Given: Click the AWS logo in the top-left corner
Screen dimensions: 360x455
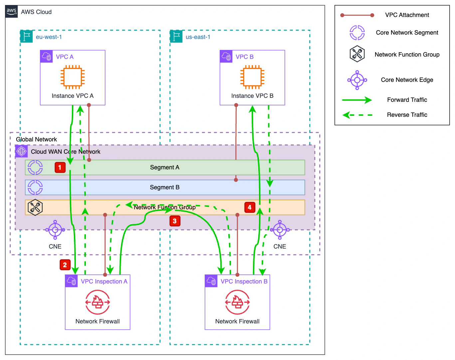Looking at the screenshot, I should point(11,11).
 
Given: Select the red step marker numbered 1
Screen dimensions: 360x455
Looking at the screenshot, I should point(60,167).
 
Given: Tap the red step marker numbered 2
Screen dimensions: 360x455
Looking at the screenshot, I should point(65,265).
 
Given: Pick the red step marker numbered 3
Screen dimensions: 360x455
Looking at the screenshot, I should point(175,221).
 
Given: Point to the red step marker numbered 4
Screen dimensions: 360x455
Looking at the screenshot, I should point(250,207).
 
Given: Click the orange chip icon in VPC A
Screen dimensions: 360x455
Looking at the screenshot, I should point(73,77).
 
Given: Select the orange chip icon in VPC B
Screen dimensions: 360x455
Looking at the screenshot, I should point(252,77).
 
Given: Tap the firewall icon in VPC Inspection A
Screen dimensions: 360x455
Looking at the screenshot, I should point(98,302).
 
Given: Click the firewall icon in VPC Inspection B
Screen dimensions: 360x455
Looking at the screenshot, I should point(237,302).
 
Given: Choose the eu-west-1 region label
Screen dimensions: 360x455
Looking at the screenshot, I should point(49,37).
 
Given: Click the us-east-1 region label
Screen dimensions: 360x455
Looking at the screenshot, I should point(198,37).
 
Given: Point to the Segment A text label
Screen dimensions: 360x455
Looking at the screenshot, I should point(164,167).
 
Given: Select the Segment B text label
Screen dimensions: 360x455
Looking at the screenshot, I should point(164,187).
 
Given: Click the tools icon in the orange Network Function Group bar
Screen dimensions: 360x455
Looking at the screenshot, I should point(35,207).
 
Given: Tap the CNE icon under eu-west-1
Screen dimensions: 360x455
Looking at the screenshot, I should point(55,230).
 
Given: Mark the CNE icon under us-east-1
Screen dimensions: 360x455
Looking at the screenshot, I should point(280,230).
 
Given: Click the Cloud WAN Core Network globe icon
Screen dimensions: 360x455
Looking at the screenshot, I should point(22,151).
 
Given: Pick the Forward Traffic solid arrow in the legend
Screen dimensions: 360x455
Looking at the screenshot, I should point(357,100).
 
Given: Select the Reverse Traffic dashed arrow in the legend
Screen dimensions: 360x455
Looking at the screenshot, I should point(357,115).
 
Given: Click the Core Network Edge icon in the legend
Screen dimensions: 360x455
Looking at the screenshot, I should point(357,80).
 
